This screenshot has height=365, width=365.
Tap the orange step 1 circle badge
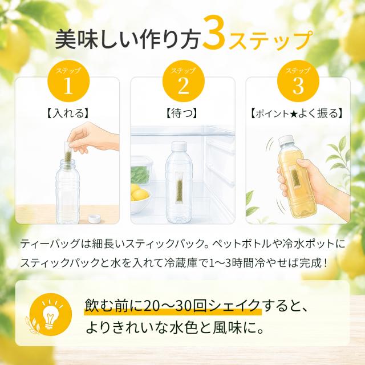[x=68, y=82]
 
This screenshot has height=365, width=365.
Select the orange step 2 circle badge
[x=183, y=82]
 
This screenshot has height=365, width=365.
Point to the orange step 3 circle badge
[x=298, y=82]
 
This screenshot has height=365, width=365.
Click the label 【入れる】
[x=68, y=113]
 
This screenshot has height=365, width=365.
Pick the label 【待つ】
[x=182, y=113]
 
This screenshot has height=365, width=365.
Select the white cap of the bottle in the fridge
[x=179, y=147]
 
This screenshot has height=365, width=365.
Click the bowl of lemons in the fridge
[x=139, y=198]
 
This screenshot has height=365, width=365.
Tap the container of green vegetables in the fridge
[x=140, y=171]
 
